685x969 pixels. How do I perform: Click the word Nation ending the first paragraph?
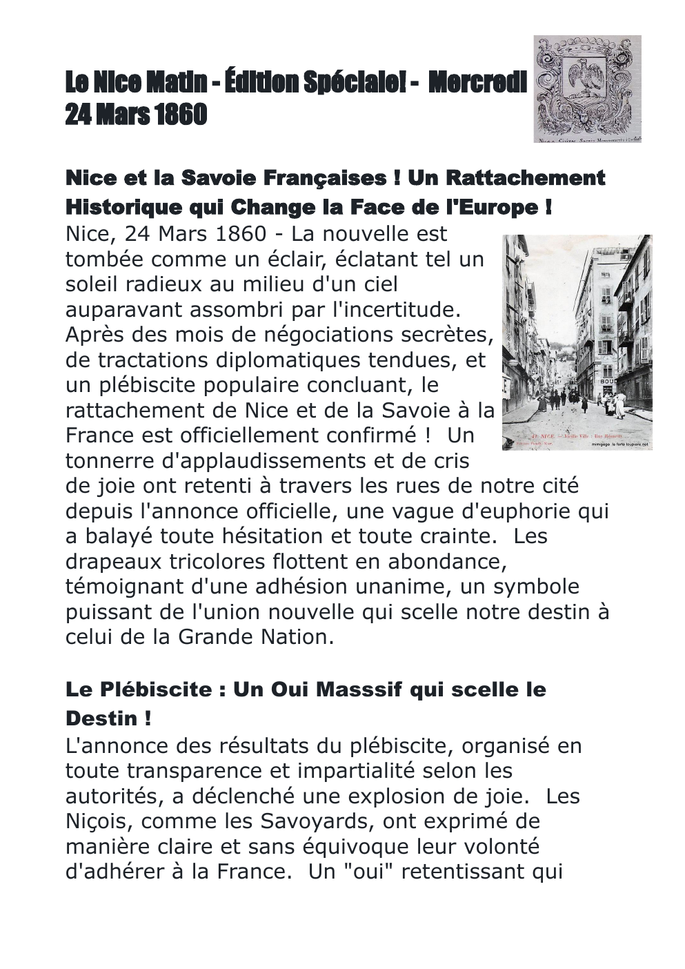coord(293,636)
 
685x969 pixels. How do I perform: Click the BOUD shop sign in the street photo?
coord(609,381)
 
